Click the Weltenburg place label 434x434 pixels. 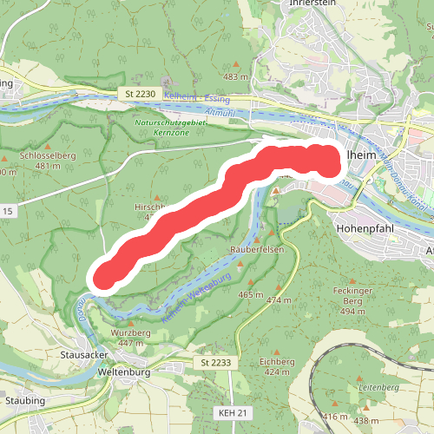125,372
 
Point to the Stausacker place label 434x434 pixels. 83,355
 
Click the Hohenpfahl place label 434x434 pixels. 366,230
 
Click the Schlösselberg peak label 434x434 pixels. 48,155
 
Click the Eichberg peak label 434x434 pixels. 276,360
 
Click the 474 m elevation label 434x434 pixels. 279,300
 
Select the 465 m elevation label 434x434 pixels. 250,295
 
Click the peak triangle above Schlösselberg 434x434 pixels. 48,145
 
